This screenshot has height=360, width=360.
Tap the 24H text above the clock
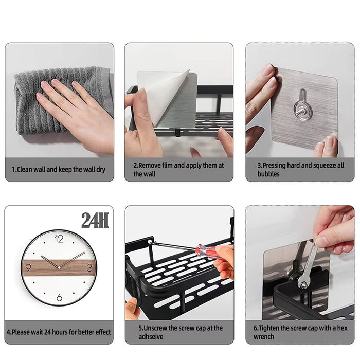click(95, 220)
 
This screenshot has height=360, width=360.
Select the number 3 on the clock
click(89, 267)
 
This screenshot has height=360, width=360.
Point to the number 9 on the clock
click(28, 267)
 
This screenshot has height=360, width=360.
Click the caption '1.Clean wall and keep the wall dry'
click(59, 169)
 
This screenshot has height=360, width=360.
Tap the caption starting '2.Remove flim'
click(178, 170)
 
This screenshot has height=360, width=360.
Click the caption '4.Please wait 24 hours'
click(59, 332)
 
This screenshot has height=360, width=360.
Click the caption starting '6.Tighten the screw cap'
click(300, 332)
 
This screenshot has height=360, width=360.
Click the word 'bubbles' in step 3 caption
click(268, 174)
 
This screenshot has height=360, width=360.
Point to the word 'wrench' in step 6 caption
click(264, 337)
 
